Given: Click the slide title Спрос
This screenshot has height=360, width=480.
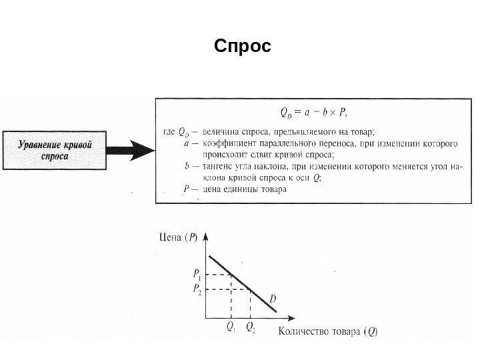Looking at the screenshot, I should point(243,48).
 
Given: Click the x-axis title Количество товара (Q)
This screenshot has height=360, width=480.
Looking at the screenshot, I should point(326,331).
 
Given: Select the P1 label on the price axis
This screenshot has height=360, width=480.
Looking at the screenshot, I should point(198,274).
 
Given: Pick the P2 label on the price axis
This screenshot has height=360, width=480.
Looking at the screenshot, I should point(198,289).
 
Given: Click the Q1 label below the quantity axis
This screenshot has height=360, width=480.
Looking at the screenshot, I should point(231,327).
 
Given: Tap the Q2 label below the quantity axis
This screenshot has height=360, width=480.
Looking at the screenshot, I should point(250,327).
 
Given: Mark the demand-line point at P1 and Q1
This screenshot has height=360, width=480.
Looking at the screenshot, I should point(231,274).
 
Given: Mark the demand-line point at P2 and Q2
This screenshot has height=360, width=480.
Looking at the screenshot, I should point(250,289).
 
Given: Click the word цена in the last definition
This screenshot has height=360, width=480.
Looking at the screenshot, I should point(212,189).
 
